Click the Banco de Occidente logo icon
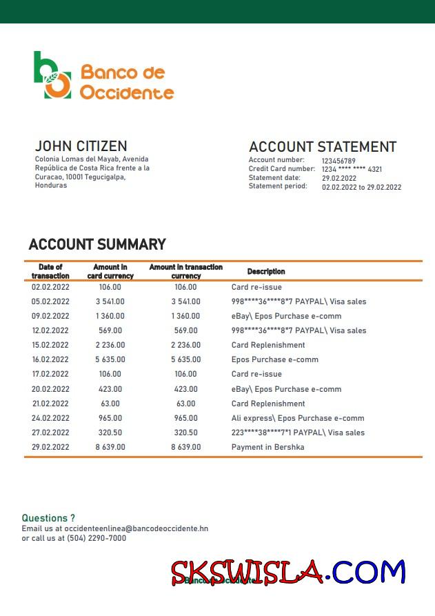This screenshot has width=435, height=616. [x=52, y=75]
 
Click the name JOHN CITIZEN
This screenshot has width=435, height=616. [x=81, y=146]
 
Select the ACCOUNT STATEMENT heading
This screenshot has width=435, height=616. [x=322, y=147]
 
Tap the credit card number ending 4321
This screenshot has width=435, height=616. [x=352, y=170]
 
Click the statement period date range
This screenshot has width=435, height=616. [x=361, y=187]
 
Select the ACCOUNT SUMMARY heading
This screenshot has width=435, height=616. [x=97, y=244]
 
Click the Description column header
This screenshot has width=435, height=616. [x=266, y=272]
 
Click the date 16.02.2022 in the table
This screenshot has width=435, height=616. [x=50, y=359]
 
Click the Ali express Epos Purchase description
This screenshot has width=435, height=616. [x=298, y=418]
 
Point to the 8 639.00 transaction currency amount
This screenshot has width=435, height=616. [x=186, y=447]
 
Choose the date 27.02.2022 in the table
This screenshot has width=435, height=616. [x=50, y=433]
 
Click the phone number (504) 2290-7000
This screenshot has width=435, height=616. [x=97, y=538]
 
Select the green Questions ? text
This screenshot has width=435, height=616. [x=48, y=518]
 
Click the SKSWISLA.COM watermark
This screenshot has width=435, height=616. [x=288, y=573]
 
